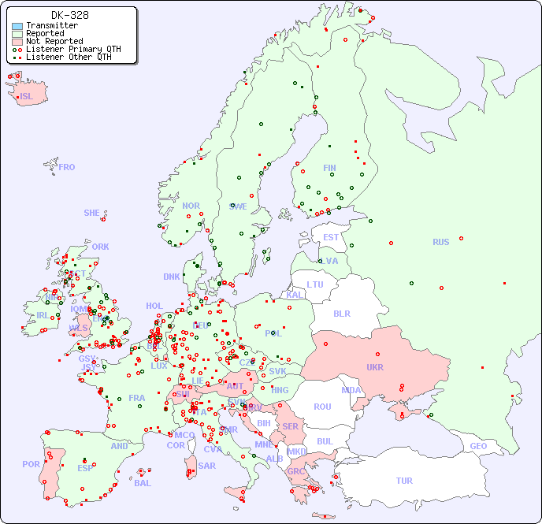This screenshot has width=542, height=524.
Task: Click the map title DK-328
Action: pyautogui.click(x=70, y=15)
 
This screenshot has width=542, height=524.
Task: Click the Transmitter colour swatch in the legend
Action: pyautogui.click(x=17, y=26)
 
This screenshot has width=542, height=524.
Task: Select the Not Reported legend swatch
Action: pyautogui.click(x=17, y=41)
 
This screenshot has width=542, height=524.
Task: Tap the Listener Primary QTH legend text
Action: pyautogui.click(x=73, y=49)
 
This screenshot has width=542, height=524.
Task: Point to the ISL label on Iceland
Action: pyautogui.click(x=27, y=97)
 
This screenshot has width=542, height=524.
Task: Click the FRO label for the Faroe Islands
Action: pyautogui.click(x=67, y=167)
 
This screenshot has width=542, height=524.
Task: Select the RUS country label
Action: pyautogui.click(x=440, y=242)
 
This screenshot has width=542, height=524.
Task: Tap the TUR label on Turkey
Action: pyautogui.click(x=404, y=481)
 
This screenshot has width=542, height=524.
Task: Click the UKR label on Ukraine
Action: pyautogui.click(x=374, y=367)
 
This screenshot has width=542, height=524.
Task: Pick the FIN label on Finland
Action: pyautogui.click(x=329, y=168)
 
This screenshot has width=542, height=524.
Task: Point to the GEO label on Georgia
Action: pyautogui.click(x=478, y=446)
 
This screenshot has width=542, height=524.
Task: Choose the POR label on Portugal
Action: pyautogui.click(x=31, y=464)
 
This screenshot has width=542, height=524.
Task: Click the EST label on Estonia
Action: pyautogui.click(x=331, y=237)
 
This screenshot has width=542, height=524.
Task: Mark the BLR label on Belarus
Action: pyautogui.click(x=341, y=313)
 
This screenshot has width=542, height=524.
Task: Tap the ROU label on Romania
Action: pyautogui.click(x=322, y=407)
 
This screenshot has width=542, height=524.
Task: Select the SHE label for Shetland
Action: pyautogui.click(x=92, y=213)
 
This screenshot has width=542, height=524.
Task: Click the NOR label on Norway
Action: pyautogui.click(x=191, y=206)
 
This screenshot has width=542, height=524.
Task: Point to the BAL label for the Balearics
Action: pyautogui.click(x=142, y=483)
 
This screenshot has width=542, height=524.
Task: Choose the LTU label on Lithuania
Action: pyautogui.click(x=315, y=284)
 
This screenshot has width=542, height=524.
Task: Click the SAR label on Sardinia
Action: pyautogui.click(x=207, y=466)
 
